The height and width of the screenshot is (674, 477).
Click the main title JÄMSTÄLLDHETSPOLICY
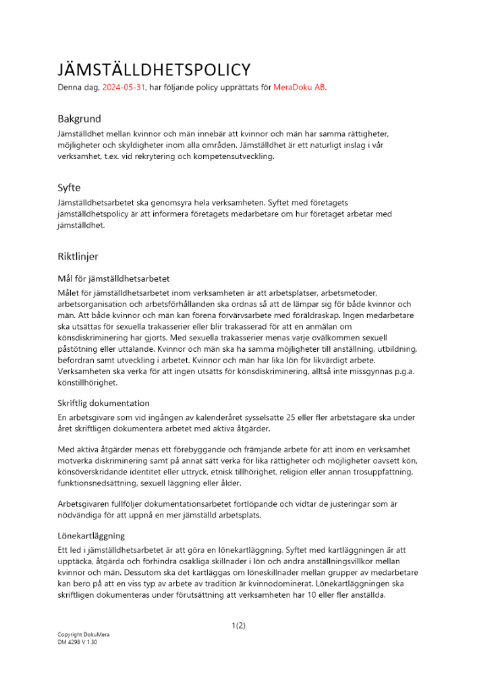(x=154, y=69)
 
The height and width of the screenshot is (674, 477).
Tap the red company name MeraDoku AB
(x=299, y=88)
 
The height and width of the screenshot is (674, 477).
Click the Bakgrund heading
(x=79, y=119)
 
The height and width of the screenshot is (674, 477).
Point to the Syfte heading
(x=70, y=188)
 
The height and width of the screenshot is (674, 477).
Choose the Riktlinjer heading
(x=78, y=256)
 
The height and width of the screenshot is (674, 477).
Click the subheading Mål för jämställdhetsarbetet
(x=113, y=278)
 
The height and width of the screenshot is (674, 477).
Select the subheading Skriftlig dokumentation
(x=103, y=403)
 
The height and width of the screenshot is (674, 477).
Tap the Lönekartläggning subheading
(x=91, y=536)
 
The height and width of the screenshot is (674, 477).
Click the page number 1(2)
(x=238, y=625)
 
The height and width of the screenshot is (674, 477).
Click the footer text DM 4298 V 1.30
(x=78, y=642)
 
